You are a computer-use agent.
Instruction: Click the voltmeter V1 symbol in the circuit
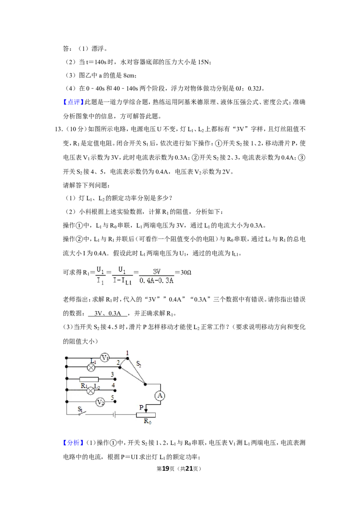pyautogui.click(x=104, y=358)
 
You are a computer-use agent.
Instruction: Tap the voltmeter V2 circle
pyautogui.click(x=100, y=402)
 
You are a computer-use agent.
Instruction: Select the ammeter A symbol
pyautogui.click(x=160, y=396)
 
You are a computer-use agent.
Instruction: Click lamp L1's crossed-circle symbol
pyautogui.click(x=92, y=367)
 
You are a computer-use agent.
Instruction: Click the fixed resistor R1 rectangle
pyautogui.click(x=89, y=379)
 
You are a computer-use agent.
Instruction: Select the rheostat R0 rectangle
pyautogui.click(x=146, y=415)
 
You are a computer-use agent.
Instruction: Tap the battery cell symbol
pyautogui.click(x=114, y=414)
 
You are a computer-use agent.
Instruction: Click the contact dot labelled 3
pyautogui.click(x=115, y=379)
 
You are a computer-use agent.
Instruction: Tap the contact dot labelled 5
pyautogui.click(x=115, y=402)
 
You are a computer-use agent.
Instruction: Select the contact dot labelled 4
pyautogui.click(x=115, y=390)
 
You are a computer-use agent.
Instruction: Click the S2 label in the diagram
pyautogui.click(x=139, y=364)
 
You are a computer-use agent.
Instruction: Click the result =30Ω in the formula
pyautogui.click(x=183, y=272)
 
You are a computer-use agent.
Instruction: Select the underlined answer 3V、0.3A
pyautogui.click(x=108, y=313)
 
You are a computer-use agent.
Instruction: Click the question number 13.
pyautogui.click(x=58, y=129)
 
